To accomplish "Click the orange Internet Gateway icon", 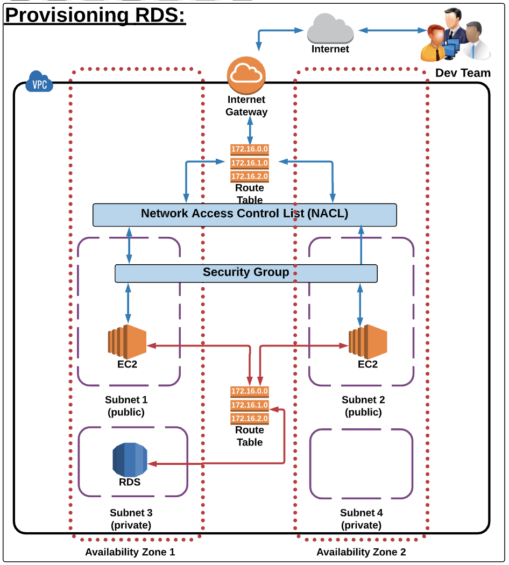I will pyautogui.click(x=246, y=75).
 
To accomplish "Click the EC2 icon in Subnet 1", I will pyautogui.click(x=127, y=342).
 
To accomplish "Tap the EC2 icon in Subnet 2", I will pyautogui.click(x=367, y=342).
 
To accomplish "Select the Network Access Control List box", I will pyautogui.click(x=245, y=214).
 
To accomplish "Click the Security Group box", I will pyautogui.click(x=246, y=273).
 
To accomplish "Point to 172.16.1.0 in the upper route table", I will pyautogui.click(x=249, y=163).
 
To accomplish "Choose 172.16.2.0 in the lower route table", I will pyautogui.click(x=249, y=418).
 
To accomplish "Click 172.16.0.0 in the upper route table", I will pyautogui.click(x=249, y=149).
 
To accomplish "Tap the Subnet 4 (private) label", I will pyautogui.click(x=361, y=519).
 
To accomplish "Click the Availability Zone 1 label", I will pyautogui.click(x=130, y=552).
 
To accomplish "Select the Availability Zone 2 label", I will pyautogui.click(x=361, y=552).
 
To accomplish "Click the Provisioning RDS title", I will pyautogui.click(x=95, y=15).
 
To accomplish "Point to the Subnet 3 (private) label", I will pyautogui.click(x=130, y=519).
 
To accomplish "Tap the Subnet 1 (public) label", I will pyautogui.click(x=126, y=406).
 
